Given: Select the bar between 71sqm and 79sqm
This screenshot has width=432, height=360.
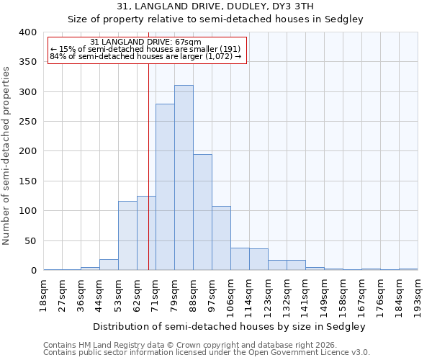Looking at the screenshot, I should pyautogui.click(x=165, y=187).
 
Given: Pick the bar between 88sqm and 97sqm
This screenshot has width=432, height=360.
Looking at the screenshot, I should pyautogui.click(x=202, y=212).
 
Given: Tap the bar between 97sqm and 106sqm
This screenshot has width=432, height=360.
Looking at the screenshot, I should pyautogui.click(x=221, y=238).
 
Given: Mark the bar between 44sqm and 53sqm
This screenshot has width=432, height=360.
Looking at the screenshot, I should pyautogui.click(x=109, y=265).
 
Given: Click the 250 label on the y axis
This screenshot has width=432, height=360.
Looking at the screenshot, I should pyautogui.click(x=27, y=122).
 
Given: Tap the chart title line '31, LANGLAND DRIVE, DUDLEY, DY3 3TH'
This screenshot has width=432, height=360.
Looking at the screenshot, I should pyautogui.click(x=215, y=6).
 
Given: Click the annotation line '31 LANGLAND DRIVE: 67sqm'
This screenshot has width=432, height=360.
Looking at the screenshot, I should pyautogui.click(x=146, y=42).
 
